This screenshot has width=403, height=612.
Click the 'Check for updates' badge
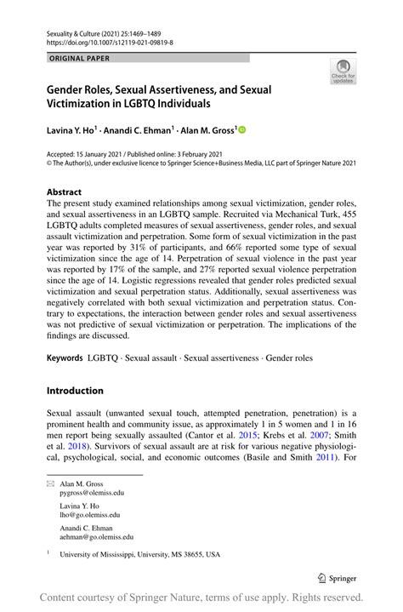click(343, 71)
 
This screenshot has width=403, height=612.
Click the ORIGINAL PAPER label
click(79, 58)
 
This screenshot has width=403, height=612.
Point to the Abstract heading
click(66, 192)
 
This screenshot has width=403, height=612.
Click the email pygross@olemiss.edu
click(92, 492)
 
